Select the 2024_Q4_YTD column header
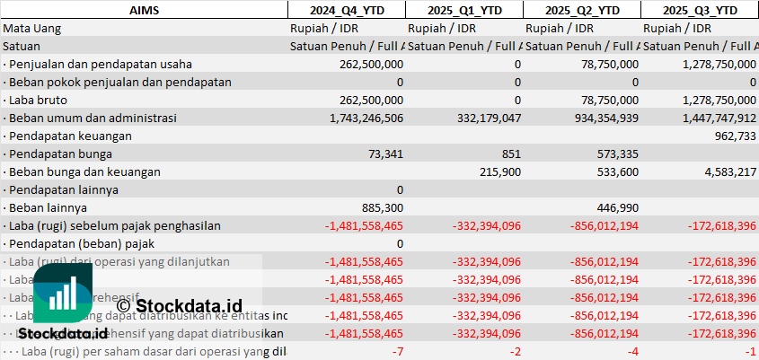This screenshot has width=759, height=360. point(346,10)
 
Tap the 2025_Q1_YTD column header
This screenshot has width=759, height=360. point(463,10)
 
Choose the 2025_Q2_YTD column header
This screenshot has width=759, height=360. point(581,10)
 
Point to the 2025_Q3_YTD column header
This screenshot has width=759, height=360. point(700,10)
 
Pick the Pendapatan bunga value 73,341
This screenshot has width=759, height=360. point(381,154)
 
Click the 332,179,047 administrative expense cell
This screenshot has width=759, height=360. point(476,118)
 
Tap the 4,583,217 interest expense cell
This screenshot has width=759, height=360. point(727,171)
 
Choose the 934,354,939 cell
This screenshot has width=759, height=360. point(594,118)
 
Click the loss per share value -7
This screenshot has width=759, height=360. point(397,351)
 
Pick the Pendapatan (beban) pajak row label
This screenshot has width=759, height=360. point(74,243)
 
